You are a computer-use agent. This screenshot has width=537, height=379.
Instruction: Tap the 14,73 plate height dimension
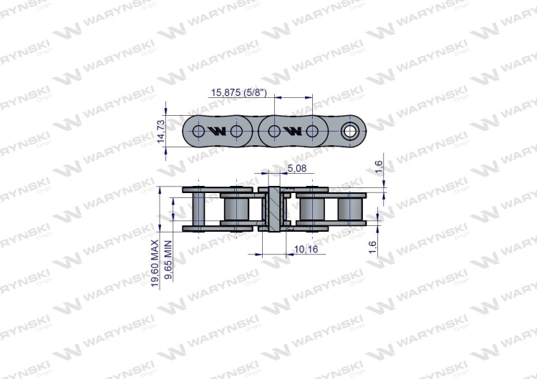161,132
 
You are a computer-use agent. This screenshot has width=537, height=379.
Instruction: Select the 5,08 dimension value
296,168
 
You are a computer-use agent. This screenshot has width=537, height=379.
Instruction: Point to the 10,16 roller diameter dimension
306,249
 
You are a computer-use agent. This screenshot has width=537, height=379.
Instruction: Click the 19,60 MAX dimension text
155,264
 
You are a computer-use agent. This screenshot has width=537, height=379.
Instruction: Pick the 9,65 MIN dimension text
169,265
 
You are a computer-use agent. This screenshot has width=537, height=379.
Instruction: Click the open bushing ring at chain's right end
352,132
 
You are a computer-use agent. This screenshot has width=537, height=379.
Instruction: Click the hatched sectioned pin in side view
274,210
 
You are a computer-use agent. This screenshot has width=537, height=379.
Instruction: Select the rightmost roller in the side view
351,210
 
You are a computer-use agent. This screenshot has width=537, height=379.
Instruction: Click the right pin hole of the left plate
236,132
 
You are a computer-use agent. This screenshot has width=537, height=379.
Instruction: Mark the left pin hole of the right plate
274,132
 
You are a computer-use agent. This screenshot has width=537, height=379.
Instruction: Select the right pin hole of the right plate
312,132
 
